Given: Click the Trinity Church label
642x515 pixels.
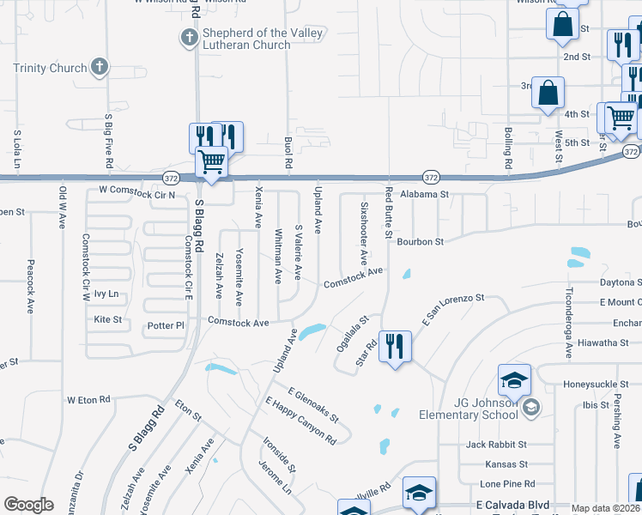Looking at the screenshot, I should pos(50,69).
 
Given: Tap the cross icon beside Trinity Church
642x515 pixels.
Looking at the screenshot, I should pos(100,66).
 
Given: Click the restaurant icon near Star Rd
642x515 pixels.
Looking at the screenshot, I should pos(395,346).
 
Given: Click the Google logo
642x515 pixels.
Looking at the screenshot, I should pos(28,505).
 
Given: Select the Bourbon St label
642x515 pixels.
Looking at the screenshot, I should pos(420,242).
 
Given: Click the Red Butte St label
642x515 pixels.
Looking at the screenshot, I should pos(389,213).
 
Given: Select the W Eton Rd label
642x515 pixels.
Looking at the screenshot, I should pos(88,400).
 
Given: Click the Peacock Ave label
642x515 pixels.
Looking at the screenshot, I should pos(30,287).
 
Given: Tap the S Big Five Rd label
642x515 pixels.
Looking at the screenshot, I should pos(108,138).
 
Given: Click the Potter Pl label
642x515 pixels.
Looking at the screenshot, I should pos(166,326).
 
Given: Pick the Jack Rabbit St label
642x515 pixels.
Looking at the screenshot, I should pos(495,445).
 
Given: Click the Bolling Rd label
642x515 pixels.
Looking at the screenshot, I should pos(508,147).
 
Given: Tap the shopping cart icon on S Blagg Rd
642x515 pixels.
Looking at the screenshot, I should pos(211,160).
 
